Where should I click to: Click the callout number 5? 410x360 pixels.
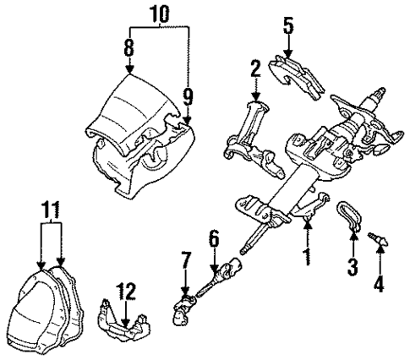point(288,27)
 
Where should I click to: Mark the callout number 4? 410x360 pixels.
point(379,285)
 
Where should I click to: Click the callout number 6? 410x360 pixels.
point(214,240)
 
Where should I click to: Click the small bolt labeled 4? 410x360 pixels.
point(378,242)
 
